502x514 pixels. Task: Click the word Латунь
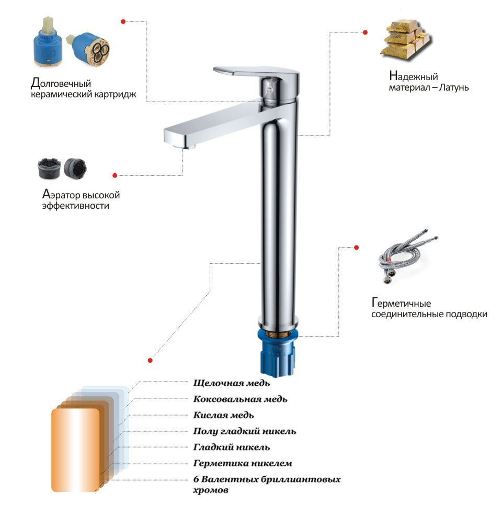tap(454, 87)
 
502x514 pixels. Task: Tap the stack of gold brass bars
tap(406, 39)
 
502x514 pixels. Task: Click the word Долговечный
tap(61, 83)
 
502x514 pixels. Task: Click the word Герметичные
tap(401, 303)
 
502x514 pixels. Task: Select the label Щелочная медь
tap(232, 383)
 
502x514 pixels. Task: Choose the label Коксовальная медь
tap(241, 399)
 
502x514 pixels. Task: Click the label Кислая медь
tap(224, 415)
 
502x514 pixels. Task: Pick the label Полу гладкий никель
tap(245, 431)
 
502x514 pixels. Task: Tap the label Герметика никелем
tap(243, 463)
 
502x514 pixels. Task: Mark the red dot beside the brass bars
tap(365, 32)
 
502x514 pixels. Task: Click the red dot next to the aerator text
tap(115, 175)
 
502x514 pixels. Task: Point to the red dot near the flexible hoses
tap(357, 247)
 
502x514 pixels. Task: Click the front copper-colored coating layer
tap(75, 450)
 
